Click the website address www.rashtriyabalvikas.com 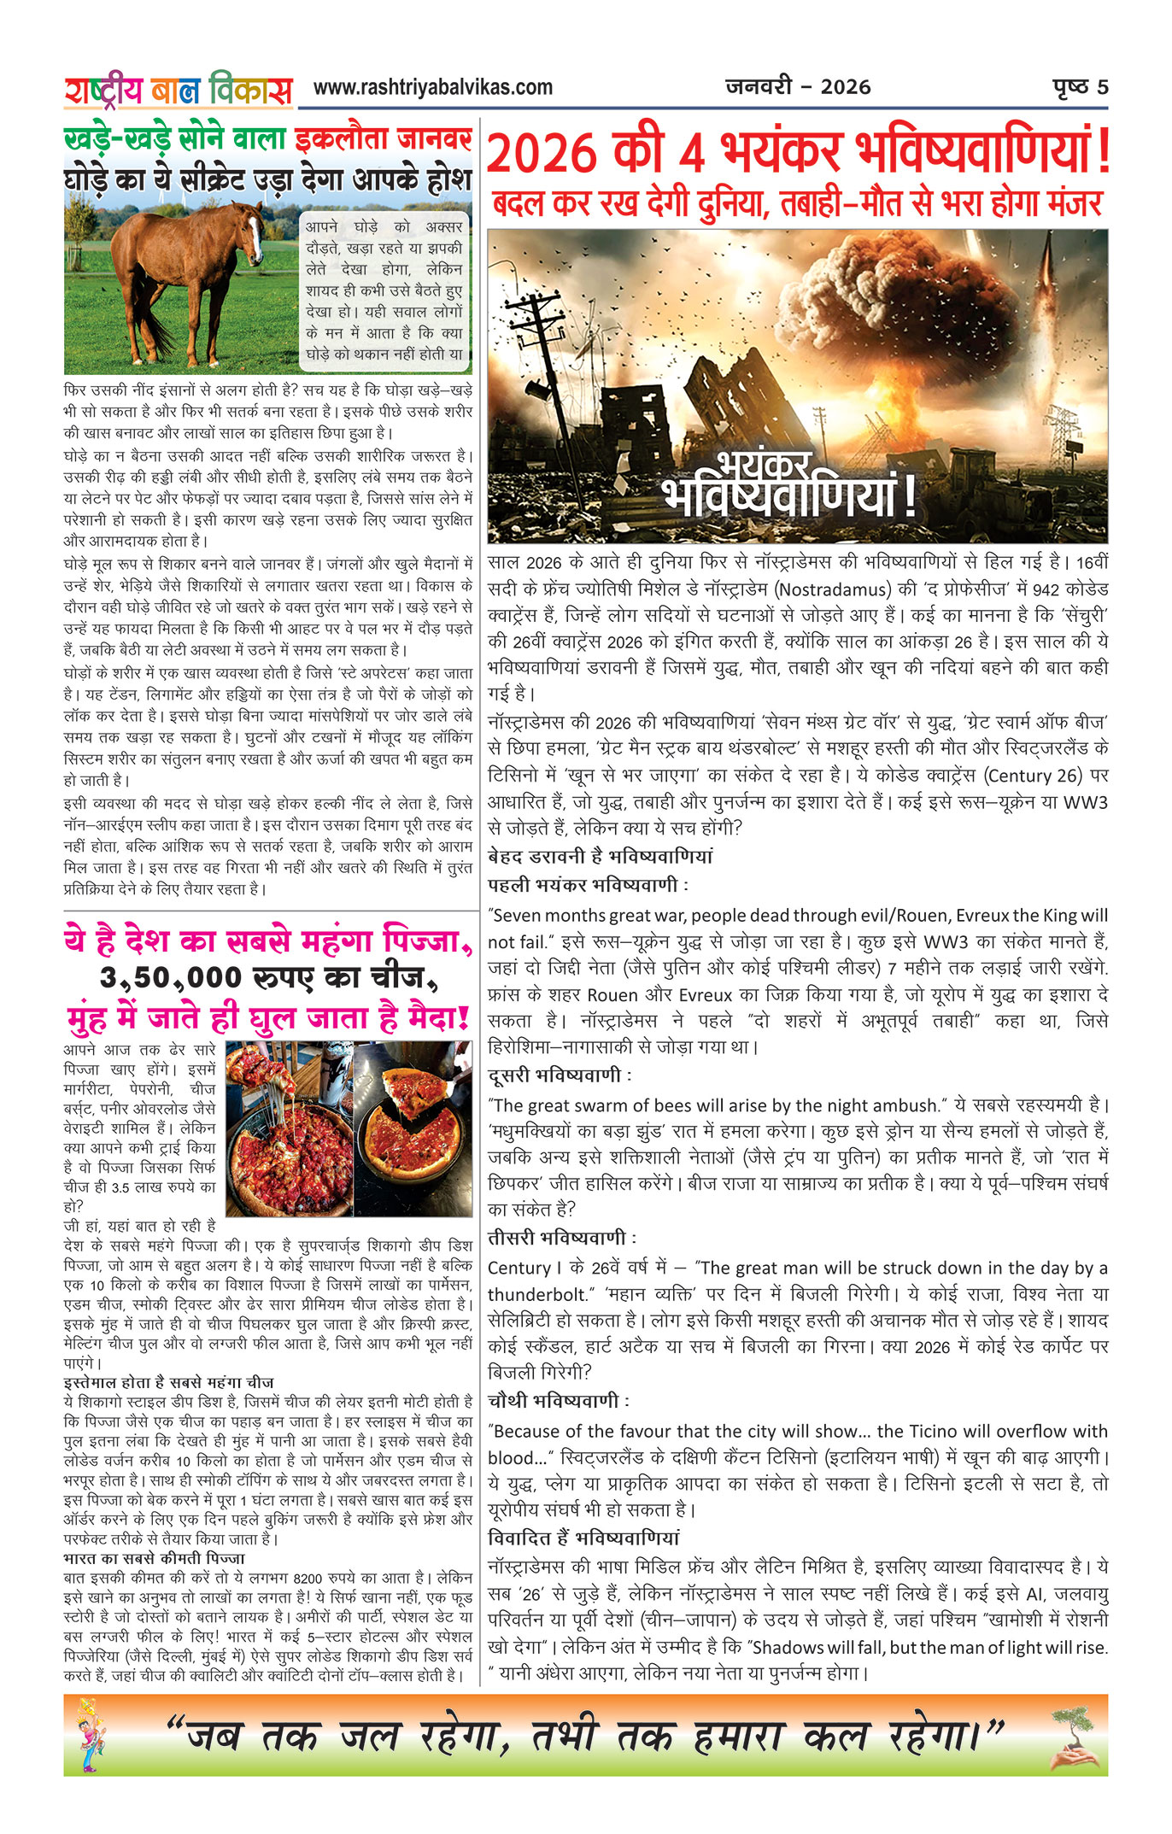(432, 87)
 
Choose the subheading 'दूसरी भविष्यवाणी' (560, 1075)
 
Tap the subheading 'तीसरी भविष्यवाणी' (561, 1238)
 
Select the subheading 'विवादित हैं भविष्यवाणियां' (583, 1538)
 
